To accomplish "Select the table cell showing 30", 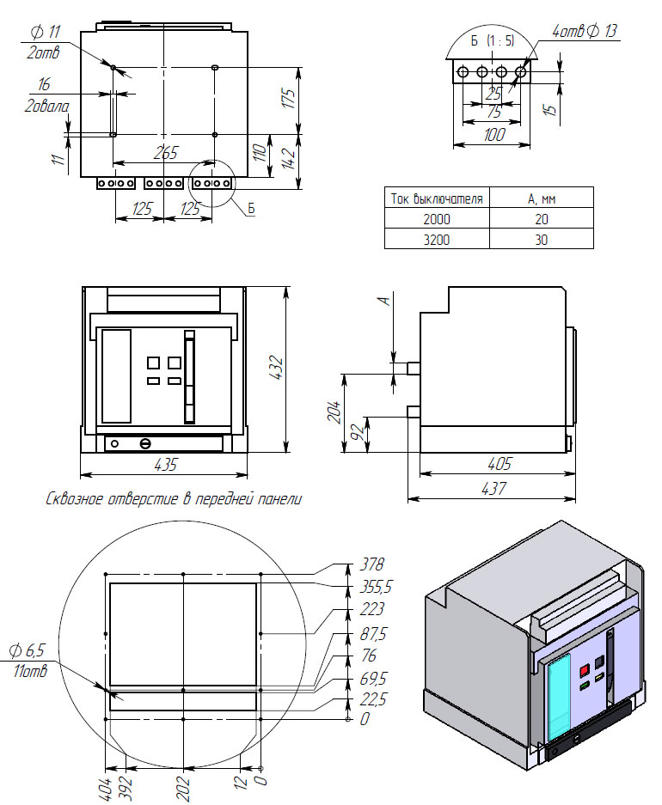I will pos(541,240).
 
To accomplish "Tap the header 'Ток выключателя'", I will pos(436,198).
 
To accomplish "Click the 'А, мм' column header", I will pos(541,198).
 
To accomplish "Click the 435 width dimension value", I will pos(165,465).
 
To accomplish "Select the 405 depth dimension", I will pos(499,464).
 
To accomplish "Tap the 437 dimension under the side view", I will pos(492,488).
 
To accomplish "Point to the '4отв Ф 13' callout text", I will pos(584,32).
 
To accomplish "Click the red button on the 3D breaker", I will pos(584,669).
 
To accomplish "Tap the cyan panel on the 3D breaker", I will pos(560,696).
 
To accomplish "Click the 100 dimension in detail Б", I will pos(493,135).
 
